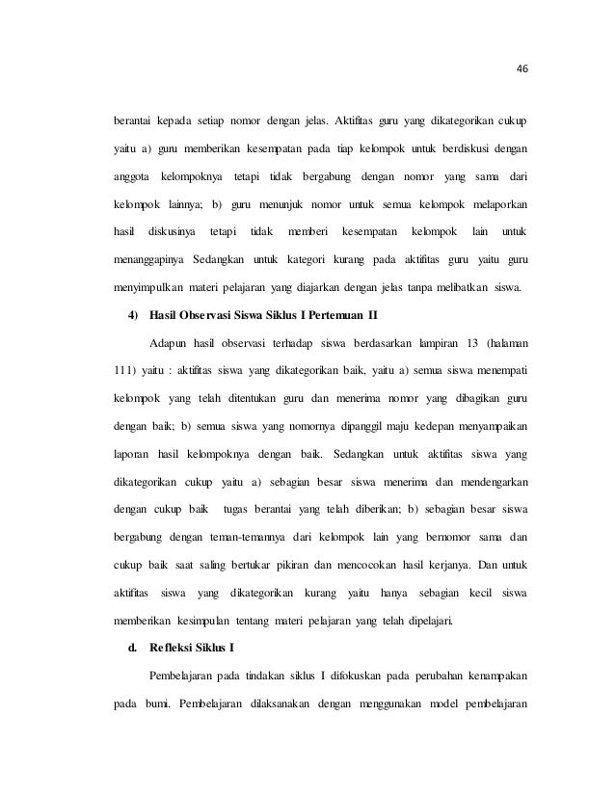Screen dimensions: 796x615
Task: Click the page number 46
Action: pos(524,68)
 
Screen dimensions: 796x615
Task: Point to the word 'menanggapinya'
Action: pos(147,259)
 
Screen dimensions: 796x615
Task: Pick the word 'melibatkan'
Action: pos(456,286)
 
